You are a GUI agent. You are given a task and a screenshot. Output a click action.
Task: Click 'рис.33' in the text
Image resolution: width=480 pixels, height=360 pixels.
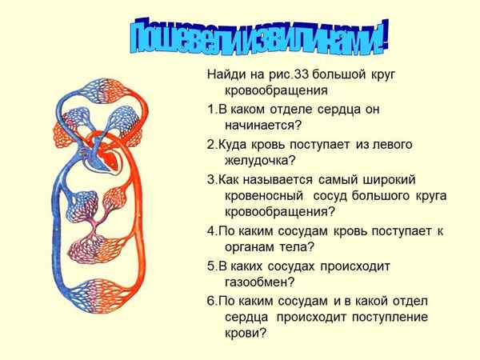coord(283,74)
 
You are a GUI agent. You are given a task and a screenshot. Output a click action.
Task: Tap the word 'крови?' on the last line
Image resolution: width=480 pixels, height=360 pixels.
coord(241,334)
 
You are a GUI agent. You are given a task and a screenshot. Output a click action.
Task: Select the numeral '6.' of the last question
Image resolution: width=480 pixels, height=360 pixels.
coord(211,299)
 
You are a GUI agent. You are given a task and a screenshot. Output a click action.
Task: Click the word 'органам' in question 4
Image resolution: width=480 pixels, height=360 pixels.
coord(242,247)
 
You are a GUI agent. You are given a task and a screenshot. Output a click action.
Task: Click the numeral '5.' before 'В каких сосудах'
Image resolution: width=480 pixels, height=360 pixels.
coord(211,265)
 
